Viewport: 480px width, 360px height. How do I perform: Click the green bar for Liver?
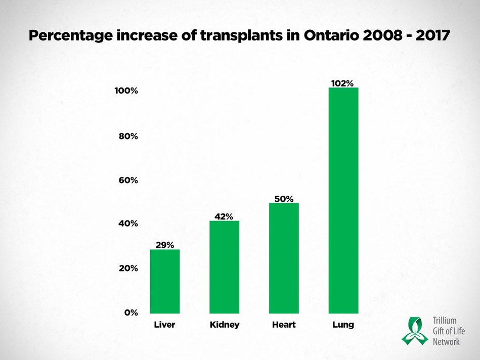tap(164, 281)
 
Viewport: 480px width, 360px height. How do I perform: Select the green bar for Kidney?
tap(224, 267)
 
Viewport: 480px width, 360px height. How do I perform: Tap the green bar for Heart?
tap(284, 258)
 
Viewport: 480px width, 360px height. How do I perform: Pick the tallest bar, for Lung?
tap(343, 200)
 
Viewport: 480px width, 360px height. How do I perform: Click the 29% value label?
tap(164, 245)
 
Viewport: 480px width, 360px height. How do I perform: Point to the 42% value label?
tap(224, 216)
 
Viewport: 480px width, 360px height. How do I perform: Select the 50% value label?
tap(284, 199)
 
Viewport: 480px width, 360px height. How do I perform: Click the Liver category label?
tap(164, 325)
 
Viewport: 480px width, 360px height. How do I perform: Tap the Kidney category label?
tap(224, 325)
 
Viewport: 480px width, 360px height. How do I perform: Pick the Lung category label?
tap(343, 325)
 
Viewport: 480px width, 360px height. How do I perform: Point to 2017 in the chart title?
tap(429, 36)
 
